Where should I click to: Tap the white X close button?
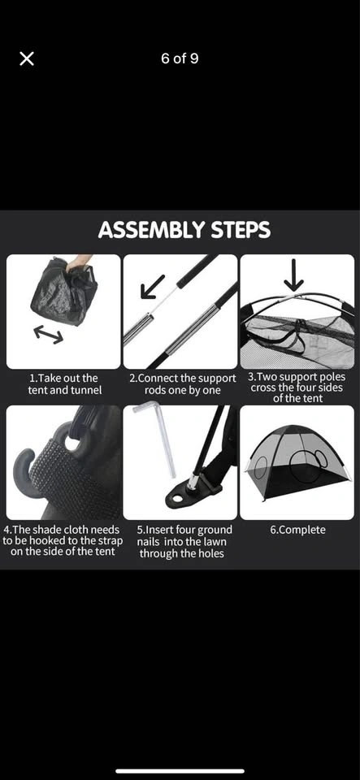[27, 58]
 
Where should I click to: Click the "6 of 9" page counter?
[180, 58]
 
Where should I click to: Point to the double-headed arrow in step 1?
[48, 334]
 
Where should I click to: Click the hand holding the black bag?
[80, 262]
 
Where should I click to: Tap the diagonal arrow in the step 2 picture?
[152, 287]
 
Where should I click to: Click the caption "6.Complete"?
[297, 530]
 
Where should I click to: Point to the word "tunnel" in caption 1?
[85, 390]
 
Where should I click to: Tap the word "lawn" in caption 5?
[215, 542]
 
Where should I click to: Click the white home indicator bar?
[180, 771]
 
